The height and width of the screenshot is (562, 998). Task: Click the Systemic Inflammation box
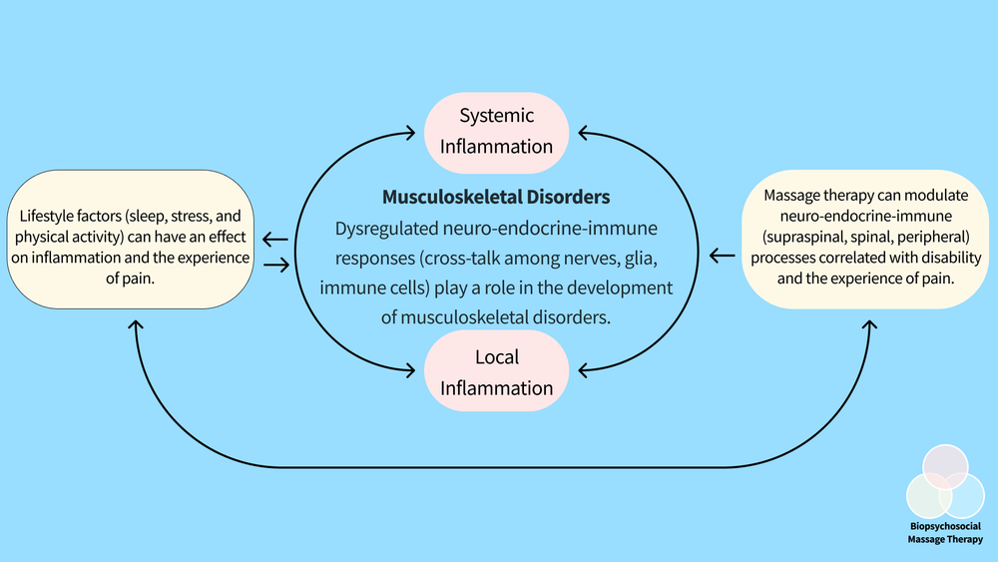click(497, 131)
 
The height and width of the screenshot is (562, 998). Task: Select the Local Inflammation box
click(497, 372)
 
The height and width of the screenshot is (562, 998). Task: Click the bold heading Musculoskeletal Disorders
click(496, 197)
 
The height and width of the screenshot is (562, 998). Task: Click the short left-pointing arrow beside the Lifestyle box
click(275, 240)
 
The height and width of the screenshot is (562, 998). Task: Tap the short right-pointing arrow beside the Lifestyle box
click(275, 265)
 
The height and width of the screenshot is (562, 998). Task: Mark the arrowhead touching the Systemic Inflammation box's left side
click(410, 131)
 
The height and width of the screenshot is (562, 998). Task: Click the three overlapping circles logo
click(944, 482)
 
